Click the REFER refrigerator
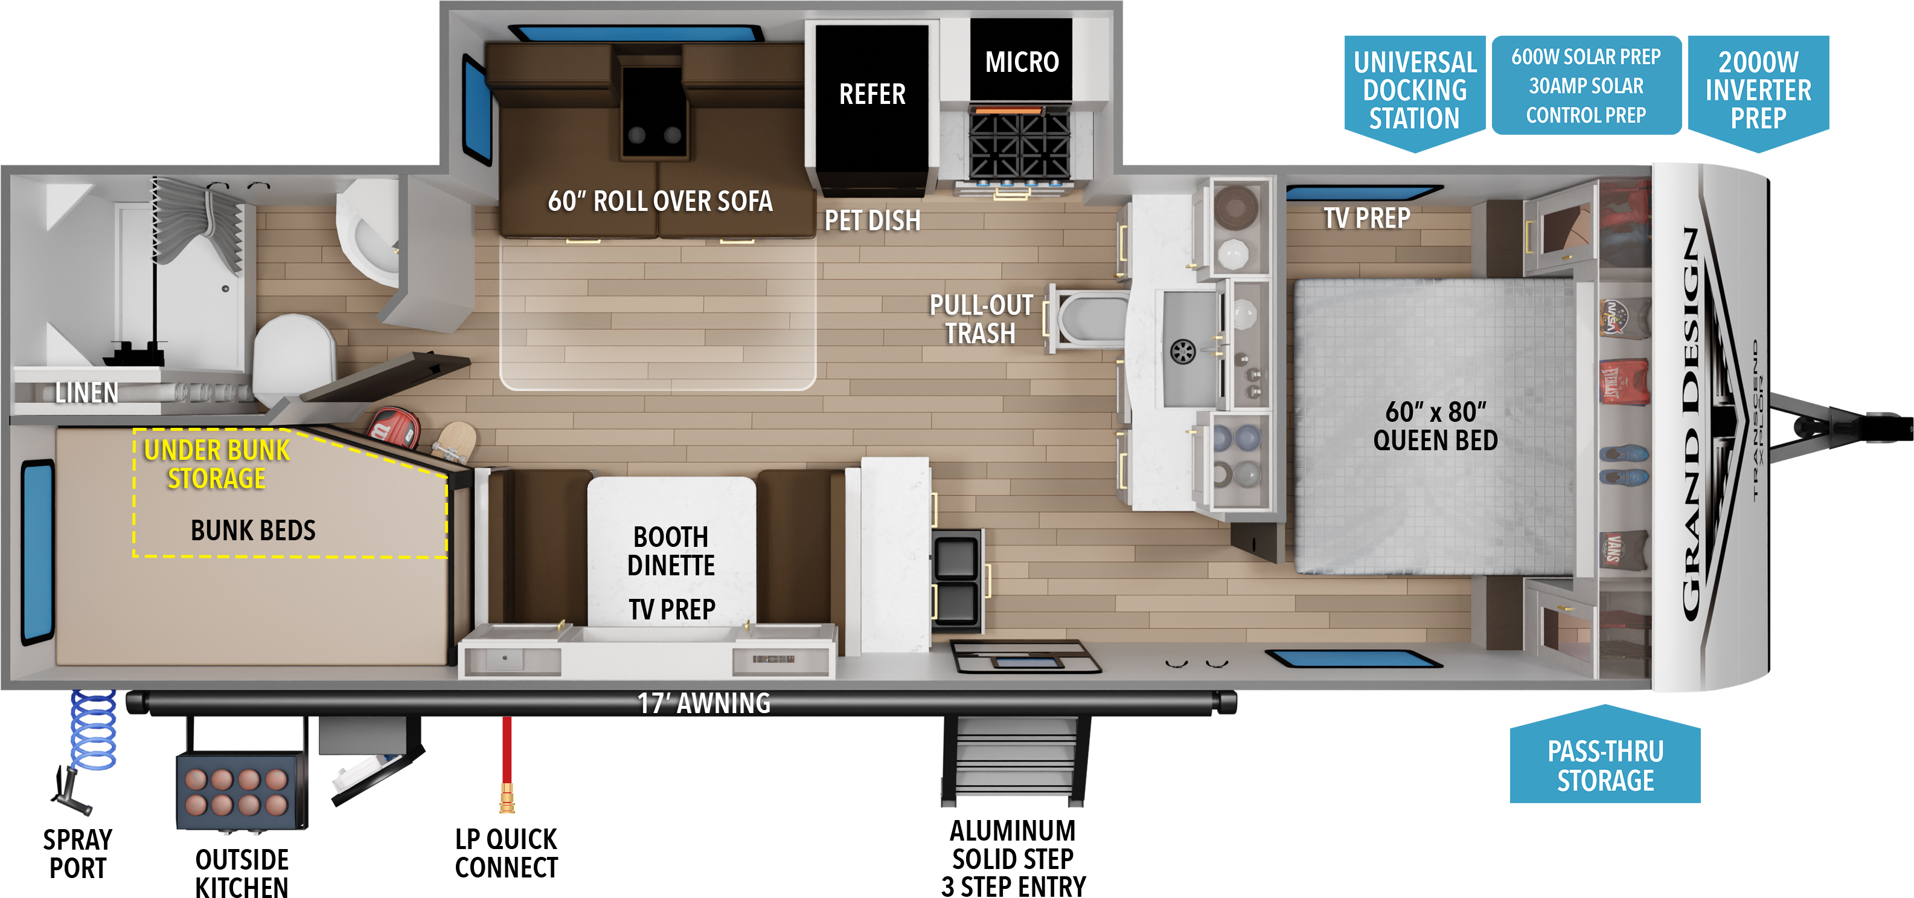871,108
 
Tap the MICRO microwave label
1022,62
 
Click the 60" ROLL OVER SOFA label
660,201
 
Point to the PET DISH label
872,221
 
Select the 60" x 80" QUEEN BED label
1436,426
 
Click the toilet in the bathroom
293,357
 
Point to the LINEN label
87,393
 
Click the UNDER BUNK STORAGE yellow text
216,465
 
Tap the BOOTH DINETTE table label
671,551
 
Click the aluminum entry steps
1015,760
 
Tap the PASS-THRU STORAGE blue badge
1605,756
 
